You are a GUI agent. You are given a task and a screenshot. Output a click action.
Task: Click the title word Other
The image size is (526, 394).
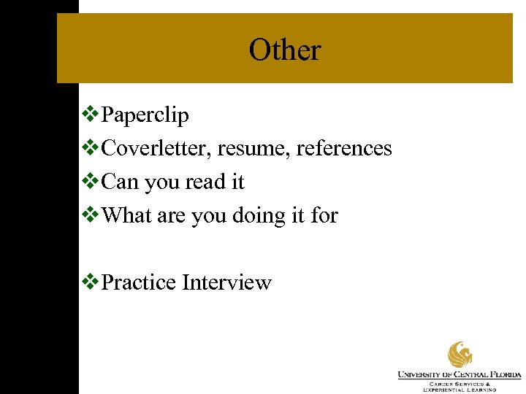pyautogui.click(x=284, y=50)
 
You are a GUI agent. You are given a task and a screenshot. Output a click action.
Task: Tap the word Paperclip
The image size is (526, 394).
pyautogui.click(x=145, y=115)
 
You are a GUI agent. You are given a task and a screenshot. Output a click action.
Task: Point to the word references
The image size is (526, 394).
pyautogui.click(x=340, y=148)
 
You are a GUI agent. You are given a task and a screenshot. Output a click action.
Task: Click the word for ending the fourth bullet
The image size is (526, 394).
pyautogui.click(x=324, y=215)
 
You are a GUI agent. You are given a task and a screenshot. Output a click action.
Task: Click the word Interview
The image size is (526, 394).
pyautogui.click(x=226, y=282)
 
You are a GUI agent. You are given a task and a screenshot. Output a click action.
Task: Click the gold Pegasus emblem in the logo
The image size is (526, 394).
pyautogui.click(x=460, y=355)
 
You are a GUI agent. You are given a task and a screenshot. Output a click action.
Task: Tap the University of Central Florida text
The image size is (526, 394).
pyautogui.click(x=460, y=374)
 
